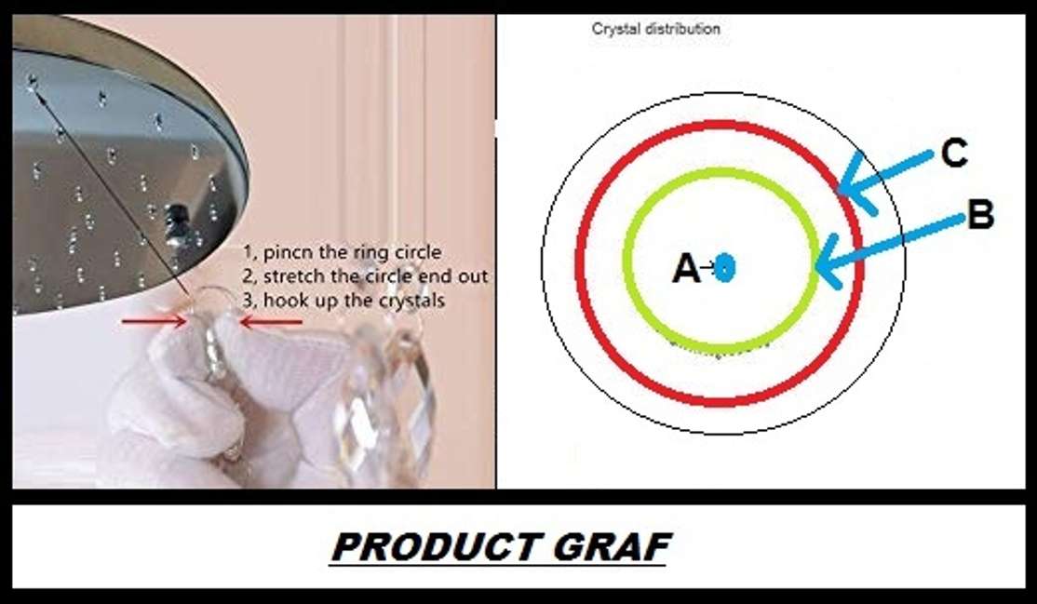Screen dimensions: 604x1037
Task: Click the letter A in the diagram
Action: pos(685,269)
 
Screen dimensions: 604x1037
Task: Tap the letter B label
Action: pos(980,216)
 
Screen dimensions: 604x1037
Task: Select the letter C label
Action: pos(954,154)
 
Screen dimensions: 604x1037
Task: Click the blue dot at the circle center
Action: pos(725,268)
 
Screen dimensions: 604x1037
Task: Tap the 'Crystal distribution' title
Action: pos(655,29)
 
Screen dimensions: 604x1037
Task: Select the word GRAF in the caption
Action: pos(614,547)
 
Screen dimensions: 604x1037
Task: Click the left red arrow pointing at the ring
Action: pos(153,321)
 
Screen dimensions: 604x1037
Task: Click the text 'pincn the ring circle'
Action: pos(353,252)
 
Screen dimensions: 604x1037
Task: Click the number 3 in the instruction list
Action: pos(249,301)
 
